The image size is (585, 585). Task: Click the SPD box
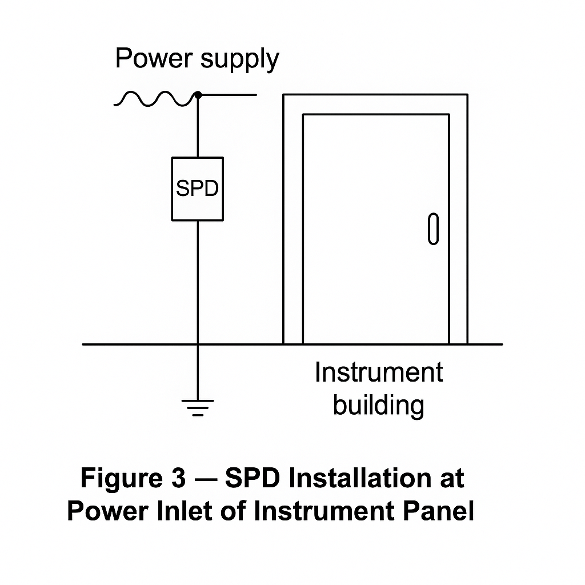(197, 189)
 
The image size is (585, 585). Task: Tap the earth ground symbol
(198, 407)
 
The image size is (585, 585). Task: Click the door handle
(434, 229)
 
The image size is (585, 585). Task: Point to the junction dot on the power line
(198, 95)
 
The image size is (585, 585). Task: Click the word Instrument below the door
(379, 373)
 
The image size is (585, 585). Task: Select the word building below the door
(379, 405)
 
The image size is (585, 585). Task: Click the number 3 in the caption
(175, 478)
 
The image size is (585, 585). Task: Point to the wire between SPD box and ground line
(198, 280)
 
